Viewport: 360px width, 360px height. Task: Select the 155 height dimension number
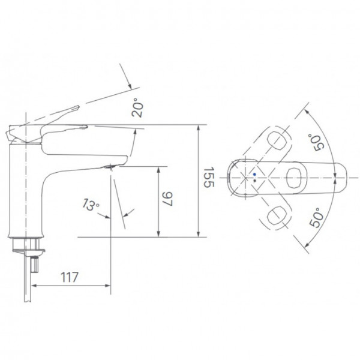point(207,178)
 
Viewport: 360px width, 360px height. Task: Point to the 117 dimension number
point(70,277)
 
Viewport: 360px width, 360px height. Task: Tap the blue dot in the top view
point(254,175)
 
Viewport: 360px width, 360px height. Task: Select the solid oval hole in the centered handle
point(295,178)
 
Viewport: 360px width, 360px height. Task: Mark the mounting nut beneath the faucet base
point(28,244)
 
